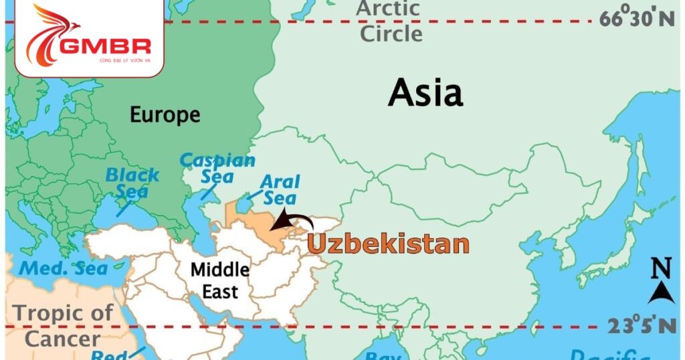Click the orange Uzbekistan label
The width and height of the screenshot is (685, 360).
coord(388,244)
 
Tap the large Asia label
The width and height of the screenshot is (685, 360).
coord(425,92)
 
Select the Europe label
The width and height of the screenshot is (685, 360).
coord(165,114)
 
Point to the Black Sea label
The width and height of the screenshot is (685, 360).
coord(132,183)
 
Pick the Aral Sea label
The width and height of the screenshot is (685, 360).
coord(280,189)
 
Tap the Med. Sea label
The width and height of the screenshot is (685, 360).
coord(64,268)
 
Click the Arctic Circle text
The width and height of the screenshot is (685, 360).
coord(389,21)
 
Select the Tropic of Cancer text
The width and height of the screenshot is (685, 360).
coord(64,325)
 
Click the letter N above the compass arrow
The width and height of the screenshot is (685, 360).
coord(661,270)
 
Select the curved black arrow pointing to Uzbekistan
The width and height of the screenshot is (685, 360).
coord(295,220)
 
